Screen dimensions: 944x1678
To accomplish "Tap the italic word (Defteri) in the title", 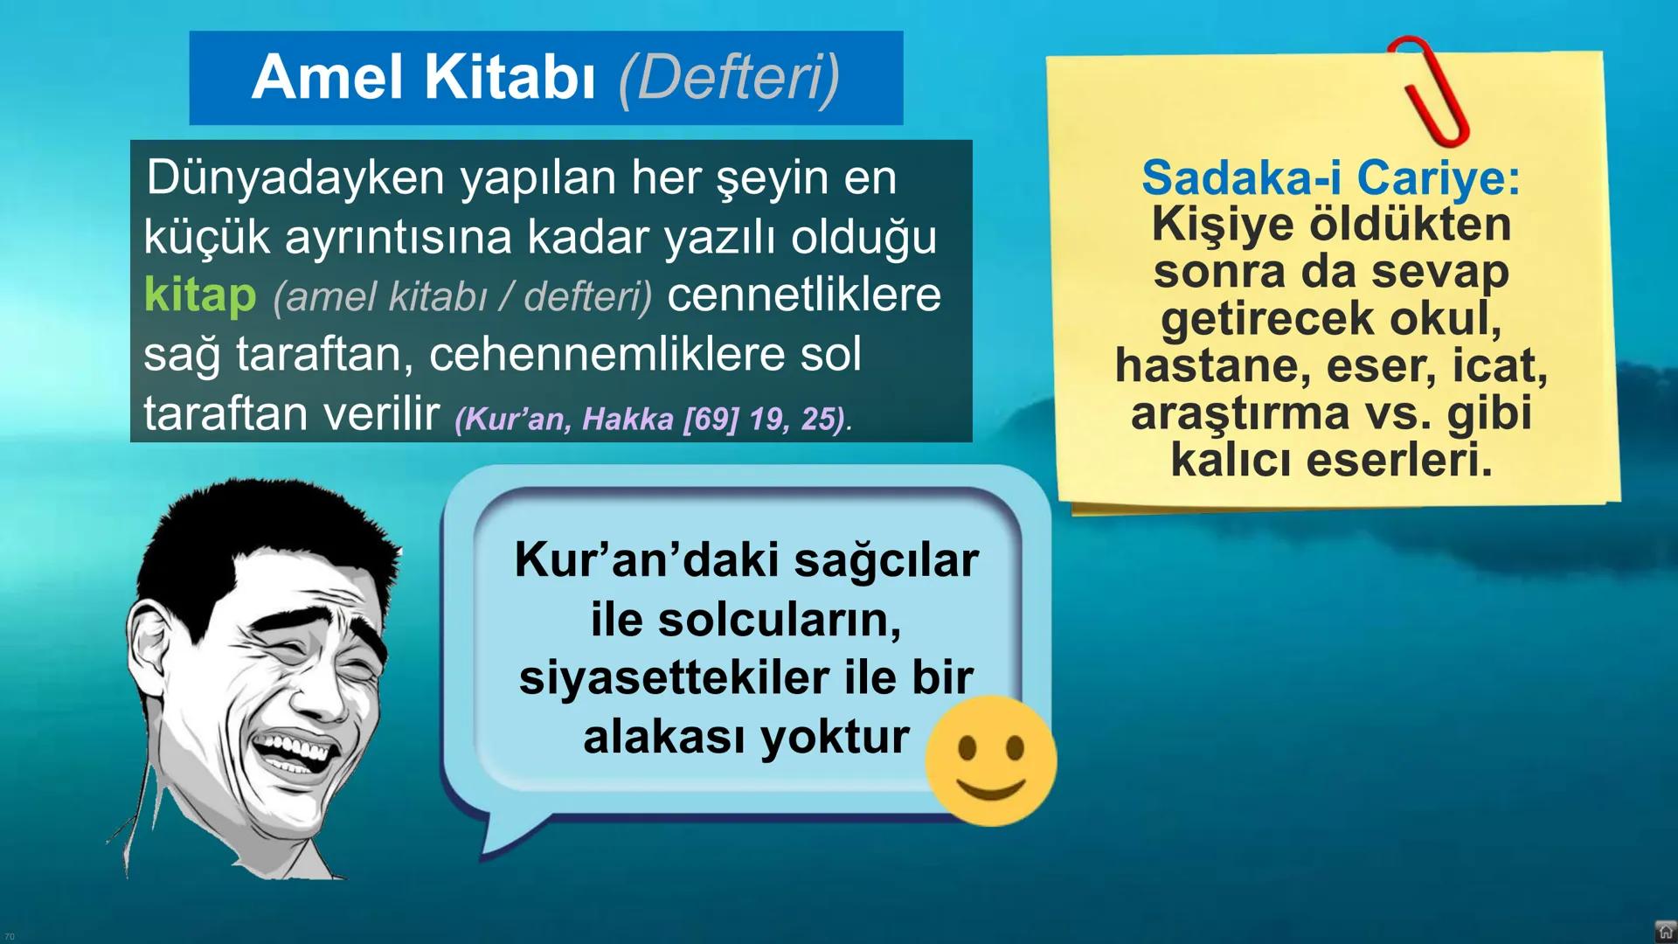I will click(729, 78).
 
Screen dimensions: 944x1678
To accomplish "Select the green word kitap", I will click(200, 295).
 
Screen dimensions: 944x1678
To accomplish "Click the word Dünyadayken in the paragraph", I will click(295, 178).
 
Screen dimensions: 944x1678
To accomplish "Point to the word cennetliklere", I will click(804, 295).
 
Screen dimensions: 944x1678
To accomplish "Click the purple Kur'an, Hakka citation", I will click(651, 419).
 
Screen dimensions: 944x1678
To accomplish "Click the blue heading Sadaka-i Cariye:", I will click(1330, 177).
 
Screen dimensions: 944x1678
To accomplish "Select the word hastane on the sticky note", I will click(1212, 365).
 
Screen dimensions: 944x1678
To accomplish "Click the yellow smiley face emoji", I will click(990, 760).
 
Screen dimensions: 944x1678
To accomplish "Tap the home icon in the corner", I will click(1665, 932).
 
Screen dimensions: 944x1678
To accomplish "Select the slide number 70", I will click(10, 936).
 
